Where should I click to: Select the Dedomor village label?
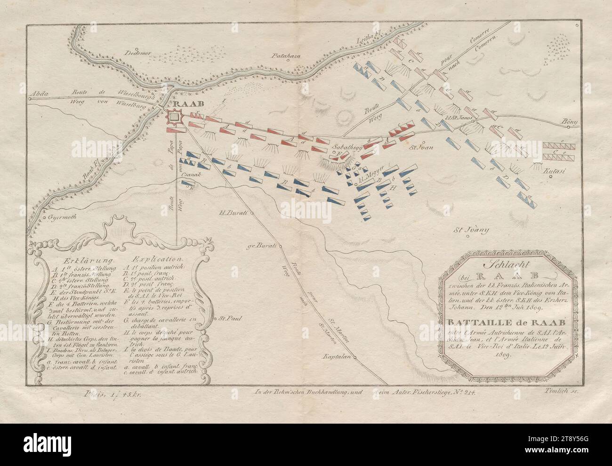[137, 53]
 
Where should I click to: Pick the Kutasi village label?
[554, 172]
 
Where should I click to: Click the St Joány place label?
[471, 230]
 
